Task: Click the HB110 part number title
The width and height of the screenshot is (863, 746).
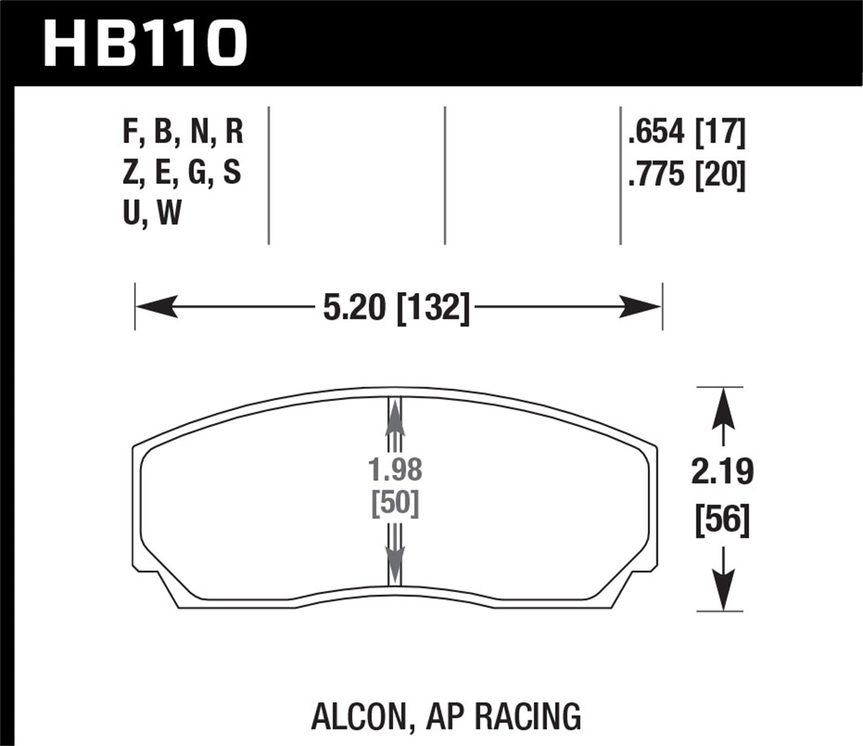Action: (145, 44)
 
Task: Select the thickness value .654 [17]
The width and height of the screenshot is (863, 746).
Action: (687, 132)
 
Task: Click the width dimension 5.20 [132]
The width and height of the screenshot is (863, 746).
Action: (396, 307)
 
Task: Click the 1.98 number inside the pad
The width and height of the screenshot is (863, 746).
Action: (395, 470)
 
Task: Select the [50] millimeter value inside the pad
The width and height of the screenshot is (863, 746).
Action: (395, 504)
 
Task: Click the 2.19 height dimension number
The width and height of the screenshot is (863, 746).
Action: (722, 473)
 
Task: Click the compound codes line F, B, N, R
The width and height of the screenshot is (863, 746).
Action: (183, 132)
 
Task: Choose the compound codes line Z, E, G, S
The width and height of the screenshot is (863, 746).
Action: (182, 173)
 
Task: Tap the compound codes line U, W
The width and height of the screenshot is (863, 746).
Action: (152, 214)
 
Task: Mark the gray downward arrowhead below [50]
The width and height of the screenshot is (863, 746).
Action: (395, 561)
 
